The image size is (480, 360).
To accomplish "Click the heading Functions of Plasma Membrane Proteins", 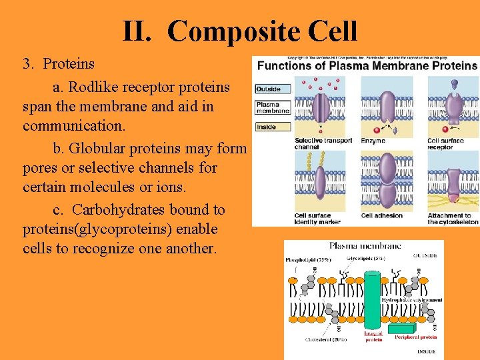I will [367, 65].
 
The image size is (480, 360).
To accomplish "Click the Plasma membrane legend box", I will [273, 107].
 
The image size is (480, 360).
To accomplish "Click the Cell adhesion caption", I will [381, 215].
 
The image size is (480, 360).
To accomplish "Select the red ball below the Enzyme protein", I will [376, 129].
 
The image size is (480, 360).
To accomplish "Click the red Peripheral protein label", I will [415, 337].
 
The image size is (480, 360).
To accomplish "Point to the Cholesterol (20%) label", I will [327, 339].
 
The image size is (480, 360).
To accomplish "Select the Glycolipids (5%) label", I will [365, 258].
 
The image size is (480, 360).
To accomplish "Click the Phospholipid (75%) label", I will [309, 259].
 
